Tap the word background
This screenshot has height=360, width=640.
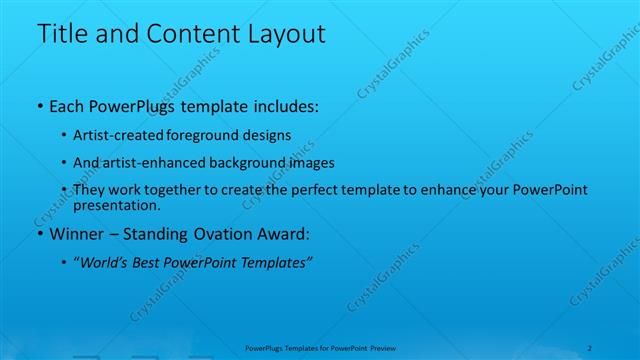click(237, 162)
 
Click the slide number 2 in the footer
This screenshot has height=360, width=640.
click(590, 349)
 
